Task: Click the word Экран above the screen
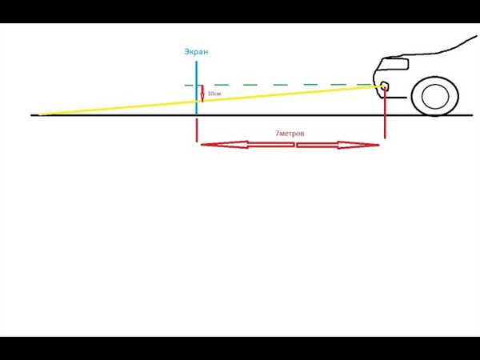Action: tap(196, 52)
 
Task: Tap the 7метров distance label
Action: tap(290, 134)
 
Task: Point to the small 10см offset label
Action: tap(214, 94)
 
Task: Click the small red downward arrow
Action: tap(202, 94)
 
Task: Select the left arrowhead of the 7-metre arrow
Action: tap(224, 145)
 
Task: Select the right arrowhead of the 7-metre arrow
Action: tap(358, 145)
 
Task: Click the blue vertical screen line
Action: tap(197, 88)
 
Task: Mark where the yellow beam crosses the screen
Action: tap(197, 102)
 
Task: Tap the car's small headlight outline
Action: tap(384, 86)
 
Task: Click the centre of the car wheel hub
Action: tap(435, 96)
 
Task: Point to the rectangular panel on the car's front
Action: tap(396, 64)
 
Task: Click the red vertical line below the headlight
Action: tap(385, 114)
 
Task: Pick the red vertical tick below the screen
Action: tap(197, 130)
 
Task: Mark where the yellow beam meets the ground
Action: tap(41, 114)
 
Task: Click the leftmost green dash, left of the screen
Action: tap(189, 85)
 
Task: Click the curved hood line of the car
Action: tap(434, 50)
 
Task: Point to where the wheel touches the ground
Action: tap(435, 115)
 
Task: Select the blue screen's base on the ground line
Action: tap(197, 114)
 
